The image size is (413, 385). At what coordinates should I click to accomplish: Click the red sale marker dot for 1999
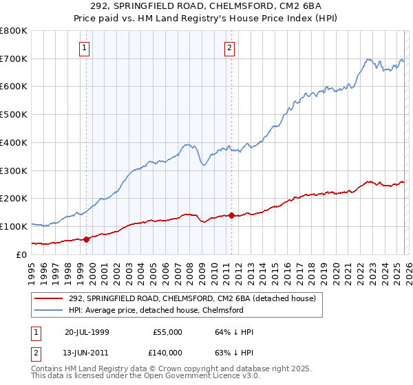pyautogui.click(x=87, y=239)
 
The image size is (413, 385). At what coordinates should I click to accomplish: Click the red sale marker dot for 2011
pyautogui.click(x=231, y=215)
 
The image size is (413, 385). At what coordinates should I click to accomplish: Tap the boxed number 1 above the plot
pyautogui.click(x=84, y=48)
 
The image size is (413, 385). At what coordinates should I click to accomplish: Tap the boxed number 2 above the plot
pyautogui.click(x=229, y=48)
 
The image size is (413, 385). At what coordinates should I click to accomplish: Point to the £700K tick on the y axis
pyautogui.click(x=14, y=59)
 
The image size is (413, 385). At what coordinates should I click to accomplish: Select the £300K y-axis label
pyautogui.click(x=14, y=170)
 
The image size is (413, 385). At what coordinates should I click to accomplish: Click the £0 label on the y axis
pyautogui.click(x=22, y=254)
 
